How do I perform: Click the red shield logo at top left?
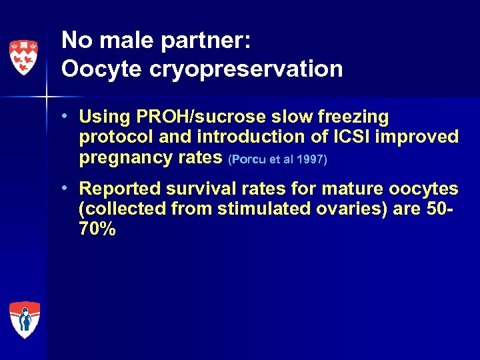pos(23,56)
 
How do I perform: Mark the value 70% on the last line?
pos(97,230)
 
